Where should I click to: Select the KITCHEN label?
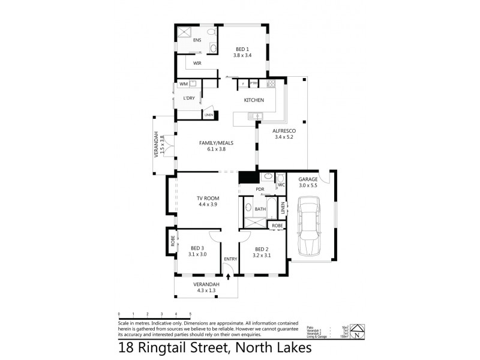tap(254, 100)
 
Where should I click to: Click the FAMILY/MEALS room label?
tap(216, 143)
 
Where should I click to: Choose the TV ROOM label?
tap(207, 198)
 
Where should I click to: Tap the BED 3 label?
tap(198, 248)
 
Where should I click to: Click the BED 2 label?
tap(262, 248)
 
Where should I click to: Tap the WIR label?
tap(197, 63)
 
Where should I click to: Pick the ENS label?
tap(197, 40)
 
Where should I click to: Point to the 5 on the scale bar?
tap(190, 314)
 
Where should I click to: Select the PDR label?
tap(260, 190)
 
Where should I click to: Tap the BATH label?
tap(260, 209)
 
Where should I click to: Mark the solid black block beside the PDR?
tap(247, 178)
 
